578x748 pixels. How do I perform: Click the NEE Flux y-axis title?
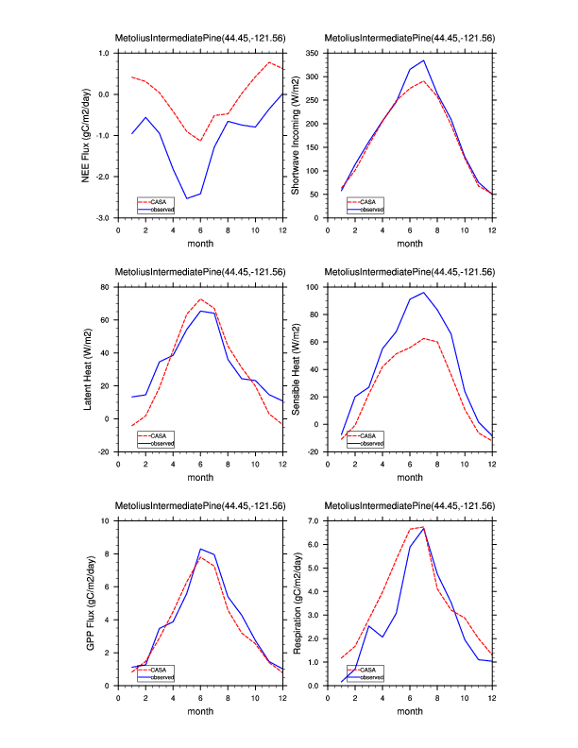tap(86, 135)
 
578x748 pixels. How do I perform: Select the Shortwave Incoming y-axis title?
tap(295, 135)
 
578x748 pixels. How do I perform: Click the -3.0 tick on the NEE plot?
tap(103, 218)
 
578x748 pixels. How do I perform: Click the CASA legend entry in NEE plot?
tap(164, 201)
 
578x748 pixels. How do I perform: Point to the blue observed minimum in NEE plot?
tap(187, 198)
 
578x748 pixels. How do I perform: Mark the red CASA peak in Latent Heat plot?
tap(200, 299)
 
